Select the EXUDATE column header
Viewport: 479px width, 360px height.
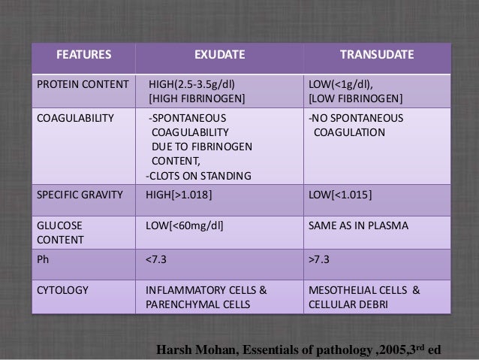[218, 55]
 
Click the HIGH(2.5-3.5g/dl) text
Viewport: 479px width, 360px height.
[192, 83]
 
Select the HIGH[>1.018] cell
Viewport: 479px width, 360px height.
[179, 195]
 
